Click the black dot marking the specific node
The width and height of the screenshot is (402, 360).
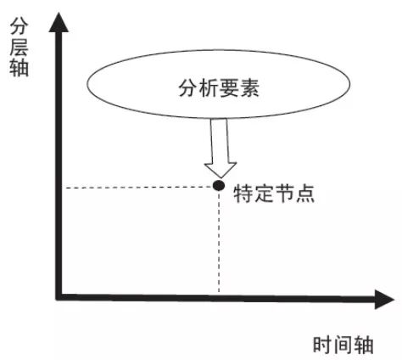pos(219,186)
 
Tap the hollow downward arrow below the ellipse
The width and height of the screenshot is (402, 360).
pos(220,148)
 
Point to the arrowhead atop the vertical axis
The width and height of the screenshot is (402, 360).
pos(59,22)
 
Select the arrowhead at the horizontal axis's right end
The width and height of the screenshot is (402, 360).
pos(384,299)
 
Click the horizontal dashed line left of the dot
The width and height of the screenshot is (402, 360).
pos(138,188)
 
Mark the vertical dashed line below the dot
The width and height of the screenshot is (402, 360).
pos(219,242)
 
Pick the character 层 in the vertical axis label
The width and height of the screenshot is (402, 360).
pos(19,48)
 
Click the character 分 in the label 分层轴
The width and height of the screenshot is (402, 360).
pos(19,26)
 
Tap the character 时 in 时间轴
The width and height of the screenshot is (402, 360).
pos(323,345)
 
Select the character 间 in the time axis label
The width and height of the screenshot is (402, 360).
pos(343,345)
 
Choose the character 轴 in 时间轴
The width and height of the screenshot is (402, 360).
pos(364,345)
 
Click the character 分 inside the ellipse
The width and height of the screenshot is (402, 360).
pos(188,87)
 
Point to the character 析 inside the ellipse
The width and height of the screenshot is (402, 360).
pos(209,87)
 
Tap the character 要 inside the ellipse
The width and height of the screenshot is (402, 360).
pos(229,87)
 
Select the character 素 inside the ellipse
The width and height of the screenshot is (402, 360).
pos(249,87)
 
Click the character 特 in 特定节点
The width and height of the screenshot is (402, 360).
pos(243,194)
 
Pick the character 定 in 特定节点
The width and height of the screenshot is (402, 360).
pos(264,194)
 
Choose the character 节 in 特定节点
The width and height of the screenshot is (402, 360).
pos(284,194)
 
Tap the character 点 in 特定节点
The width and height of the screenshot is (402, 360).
pos(305,194)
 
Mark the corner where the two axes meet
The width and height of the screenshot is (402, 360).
pos(59,296)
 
